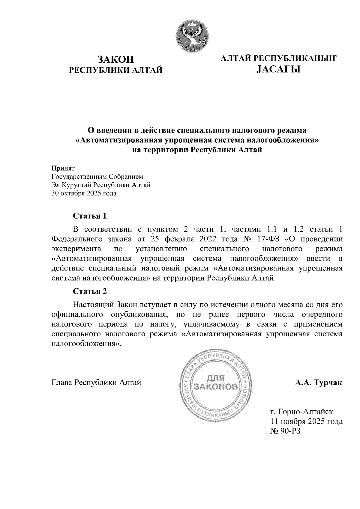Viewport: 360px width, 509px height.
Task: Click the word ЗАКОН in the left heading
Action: click(116, 59)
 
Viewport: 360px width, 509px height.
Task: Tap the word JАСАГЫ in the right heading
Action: click(278, 70)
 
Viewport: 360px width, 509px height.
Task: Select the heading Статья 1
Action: click(90, 216)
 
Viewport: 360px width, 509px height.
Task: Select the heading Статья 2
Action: click(90, 291)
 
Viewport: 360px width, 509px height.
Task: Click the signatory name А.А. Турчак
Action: click(318, 383)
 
